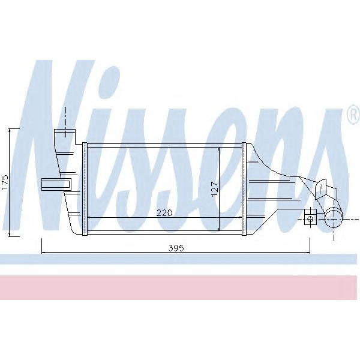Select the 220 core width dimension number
click(x=164, y=212)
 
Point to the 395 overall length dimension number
click(x=176, y=248)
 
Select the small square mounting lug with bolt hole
click(x=310, y=217)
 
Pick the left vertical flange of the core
click(x=85, y=188)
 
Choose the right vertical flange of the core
click(x=244, y=188)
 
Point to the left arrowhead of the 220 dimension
click(x=90, y=217)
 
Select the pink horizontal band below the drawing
click(x=180, y=287)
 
